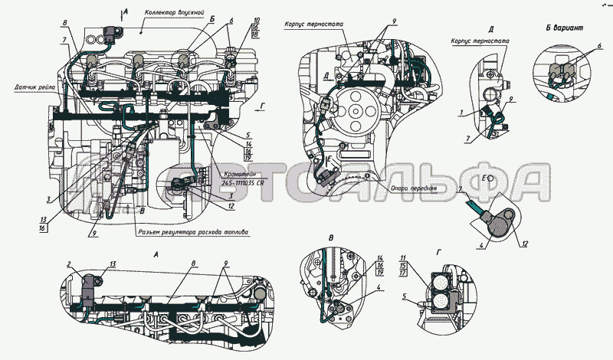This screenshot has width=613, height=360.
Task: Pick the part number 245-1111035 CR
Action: [x=243, y=183]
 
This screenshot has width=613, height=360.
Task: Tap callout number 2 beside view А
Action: [x=68, y=264]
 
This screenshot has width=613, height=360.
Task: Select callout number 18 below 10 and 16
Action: [x=255, y=35]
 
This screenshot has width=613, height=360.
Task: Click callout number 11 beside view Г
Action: [x=405, y=257]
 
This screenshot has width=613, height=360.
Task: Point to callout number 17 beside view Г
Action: [x=405, y=272]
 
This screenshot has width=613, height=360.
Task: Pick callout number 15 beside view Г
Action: [x=405, y=264]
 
